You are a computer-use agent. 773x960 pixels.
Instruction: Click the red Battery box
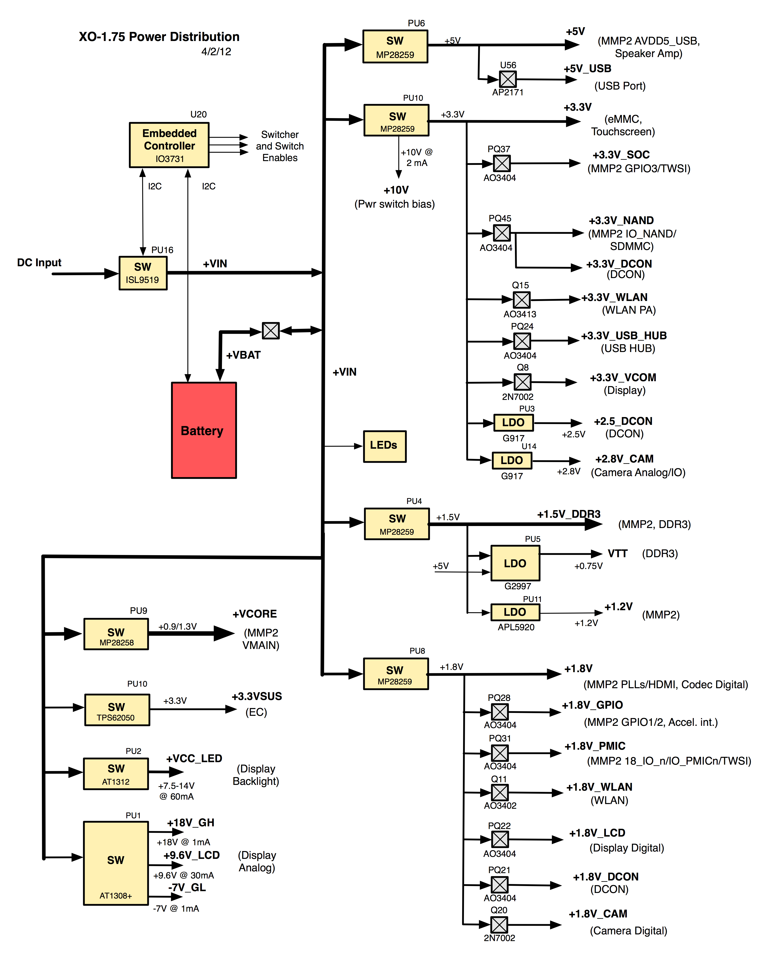pos(204,430)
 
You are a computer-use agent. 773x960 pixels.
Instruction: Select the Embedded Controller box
pos(169,145)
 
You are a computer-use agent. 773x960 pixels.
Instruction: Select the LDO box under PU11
pos(515,612)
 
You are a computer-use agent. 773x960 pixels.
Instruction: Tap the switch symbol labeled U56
pos(508,79)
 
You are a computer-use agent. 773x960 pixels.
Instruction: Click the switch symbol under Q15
pos(521,300)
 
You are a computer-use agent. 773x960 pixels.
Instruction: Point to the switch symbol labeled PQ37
pos(502,163)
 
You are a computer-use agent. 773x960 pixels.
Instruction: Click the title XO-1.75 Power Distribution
pos(159,37)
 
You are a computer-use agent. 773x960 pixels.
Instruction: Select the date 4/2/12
pos(216,52)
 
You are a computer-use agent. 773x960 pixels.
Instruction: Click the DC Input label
pos(39,263)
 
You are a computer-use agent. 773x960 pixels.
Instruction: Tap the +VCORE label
pos(255,614)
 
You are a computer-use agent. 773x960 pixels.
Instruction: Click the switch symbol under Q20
pos(499,924)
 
